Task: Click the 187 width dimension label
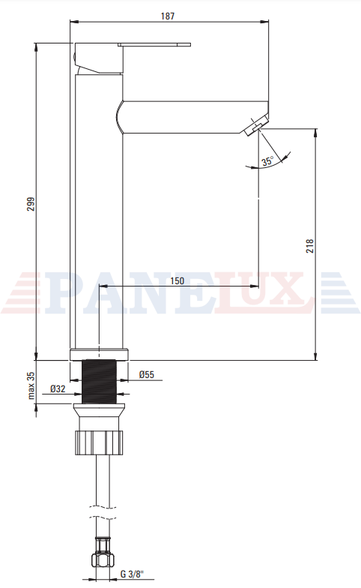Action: [168, 16]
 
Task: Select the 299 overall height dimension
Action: [31, 204]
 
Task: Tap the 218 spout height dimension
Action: [310, 246]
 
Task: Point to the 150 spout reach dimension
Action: [177, 280]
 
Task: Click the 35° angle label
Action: [268, 162]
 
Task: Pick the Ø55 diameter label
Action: [147, 374]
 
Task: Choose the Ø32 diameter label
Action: [58, 388]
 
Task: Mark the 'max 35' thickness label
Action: [31, 385]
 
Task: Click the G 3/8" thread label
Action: [132, 574]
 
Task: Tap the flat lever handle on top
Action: [154, 45]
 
